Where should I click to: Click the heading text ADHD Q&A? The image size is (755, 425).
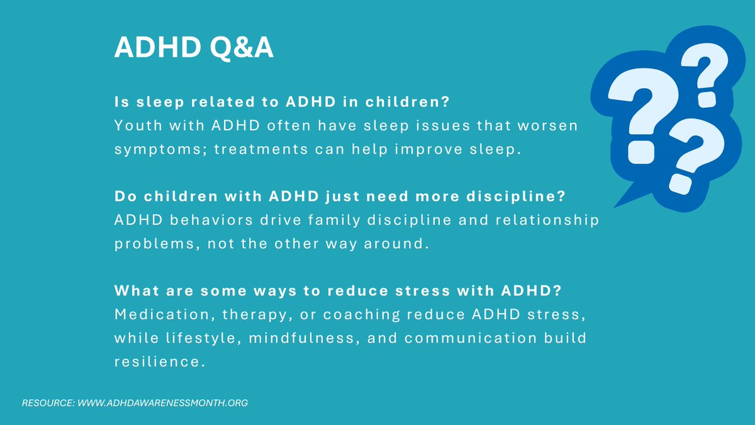[x=194, y=48]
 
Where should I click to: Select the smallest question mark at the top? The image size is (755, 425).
[x=701, y=74]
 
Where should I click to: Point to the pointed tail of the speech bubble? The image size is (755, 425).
[x=620, y=203]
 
